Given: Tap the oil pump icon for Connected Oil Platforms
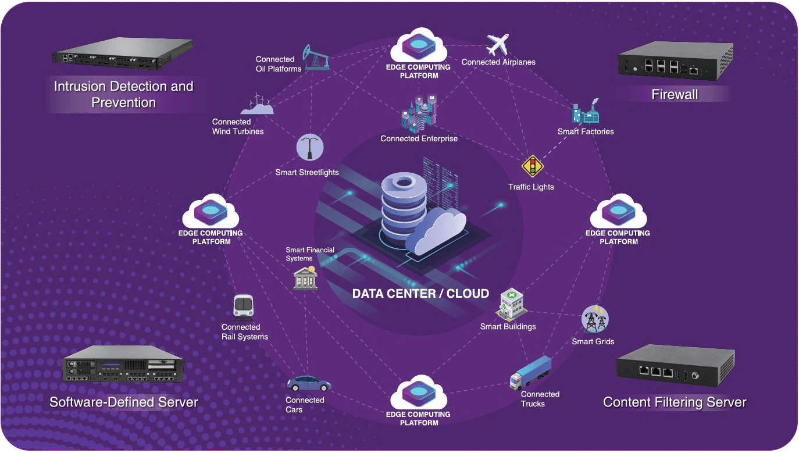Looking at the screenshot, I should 316,57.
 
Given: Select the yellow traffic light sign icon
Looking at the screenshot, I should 532,166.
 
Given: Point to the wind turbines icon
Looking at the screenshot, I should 256,104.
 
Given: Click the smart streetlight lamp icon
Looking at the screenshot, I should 309,148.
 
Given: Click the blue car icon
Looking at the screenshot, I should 308,384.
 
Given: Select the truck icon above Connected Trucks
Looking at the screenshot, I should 530,373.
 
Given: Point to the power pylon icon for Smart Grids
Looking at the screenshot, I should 595,319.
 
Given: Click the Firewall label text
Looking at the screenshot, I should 675,94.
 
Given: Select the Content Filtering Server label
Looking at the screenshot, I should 675,402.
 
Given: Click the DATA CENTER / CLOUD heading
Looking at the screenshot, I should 420,294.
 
